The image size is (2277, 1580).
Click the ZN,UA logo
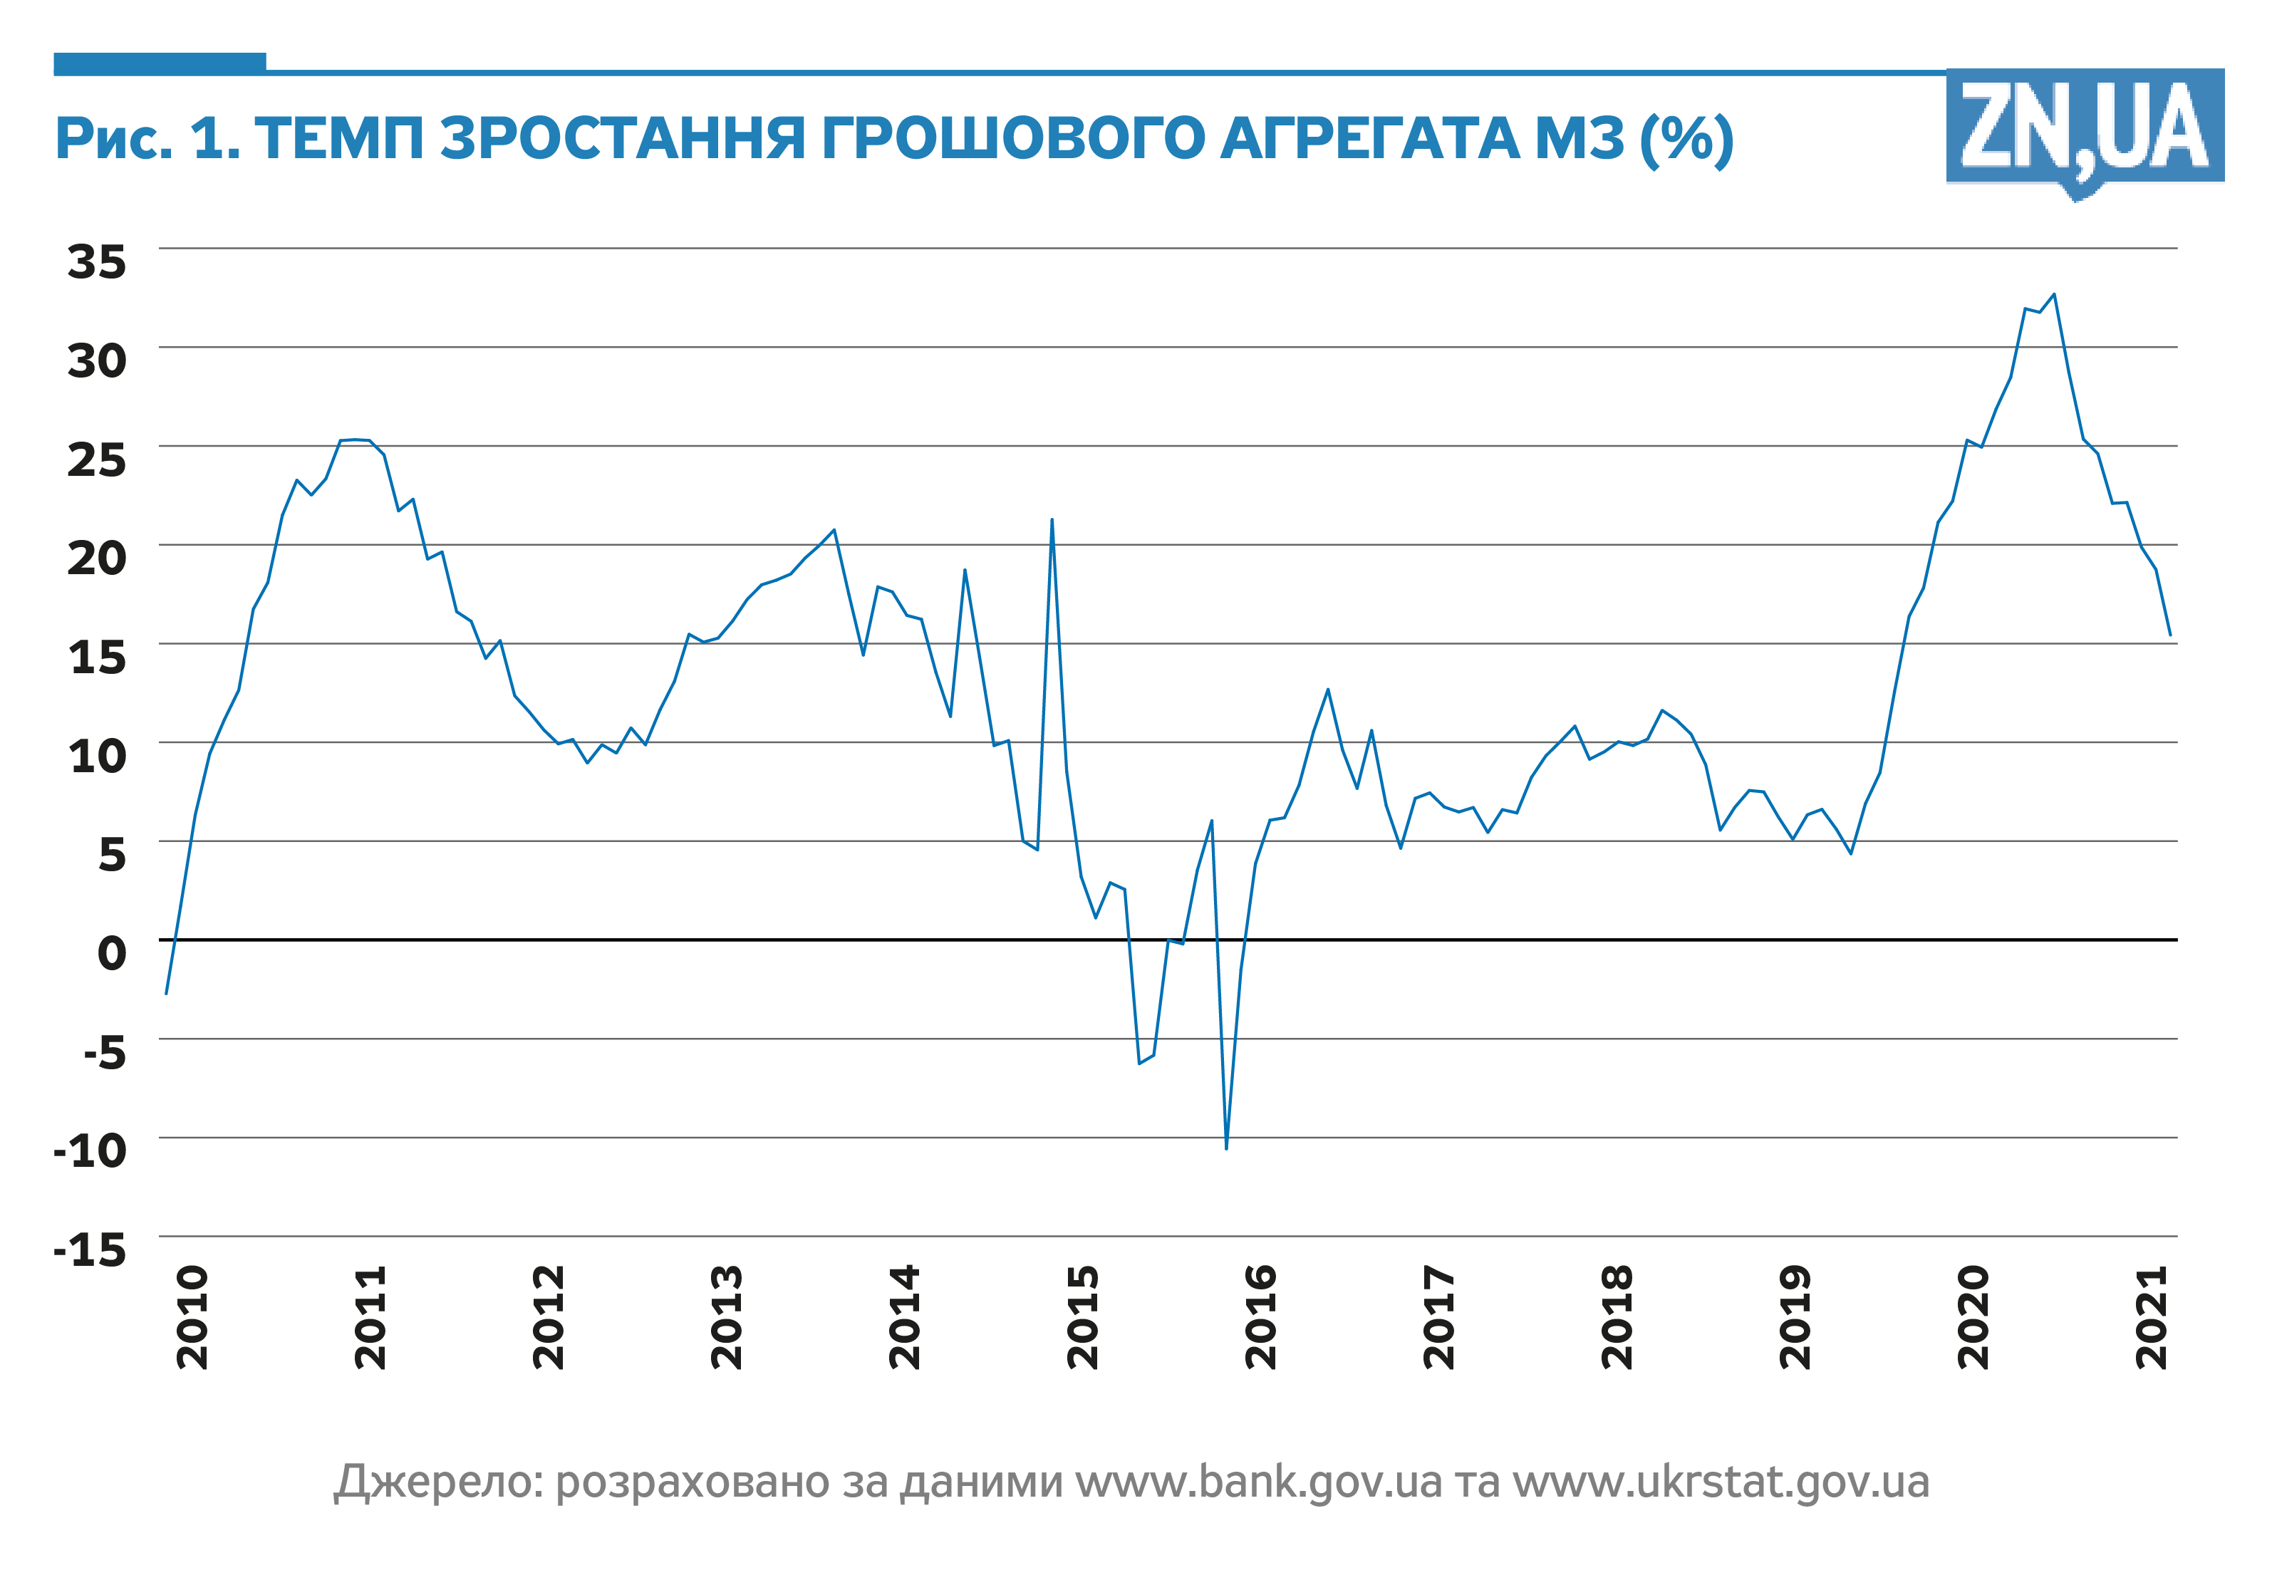tap(2084, 129)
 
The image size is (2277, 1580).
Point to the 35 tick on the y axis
tap(97, 261)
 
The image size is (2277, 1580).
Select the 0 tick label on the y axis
tap(112, 952)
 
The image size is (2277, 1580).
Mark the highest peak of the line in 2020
tap(2054, 294)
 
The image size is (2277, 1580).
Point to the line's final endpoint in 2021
tap(2170, 635)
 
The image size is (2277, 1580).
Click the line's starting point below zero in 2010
tap(165, 993)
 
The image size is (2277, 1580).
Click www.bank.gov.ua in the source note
tap(1260, 1482)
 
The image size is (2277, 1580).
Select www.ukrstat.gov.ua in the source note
tap(1721, 1482)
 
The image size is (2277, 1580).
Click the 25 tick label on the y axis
tap(97, 459)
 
